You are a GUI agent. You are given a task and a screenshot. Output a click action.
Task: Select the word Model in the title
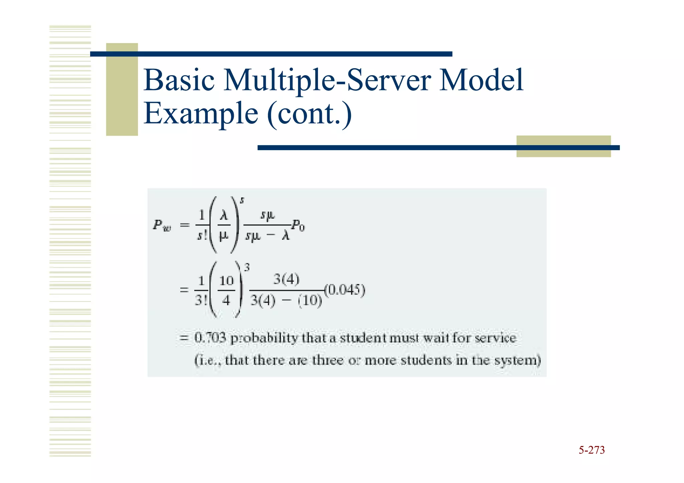(481, 80)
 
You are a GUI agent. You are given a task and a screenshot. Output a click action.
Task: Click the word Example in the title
(201, 113)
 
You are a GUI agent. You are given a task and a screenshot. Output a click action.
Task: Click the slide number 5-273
(591, 450)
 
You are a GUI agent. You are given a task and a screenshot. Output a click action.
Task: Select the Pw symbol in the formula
(162, 226)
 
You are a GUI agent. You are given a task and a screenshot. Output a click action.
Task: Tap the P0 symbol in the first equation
(298, 226)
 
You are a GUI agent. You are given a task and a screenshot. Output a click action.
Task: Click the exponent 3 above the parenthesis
(247, 267)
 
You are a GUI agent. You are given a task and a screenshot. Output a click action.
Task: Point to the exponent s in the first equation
(242, 200)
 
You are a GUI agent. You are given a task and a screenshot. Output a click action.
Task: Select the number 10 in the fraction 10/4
(226, 281)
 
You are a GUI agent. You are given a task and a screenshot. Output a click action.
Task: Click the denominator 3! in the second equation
(201, 300)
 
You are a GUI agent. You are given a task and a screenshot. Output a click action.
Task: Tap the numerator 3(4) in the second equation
(286, 279)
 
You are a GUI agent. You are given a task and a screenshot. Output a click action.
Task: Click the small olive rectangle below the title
(563, 146)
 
